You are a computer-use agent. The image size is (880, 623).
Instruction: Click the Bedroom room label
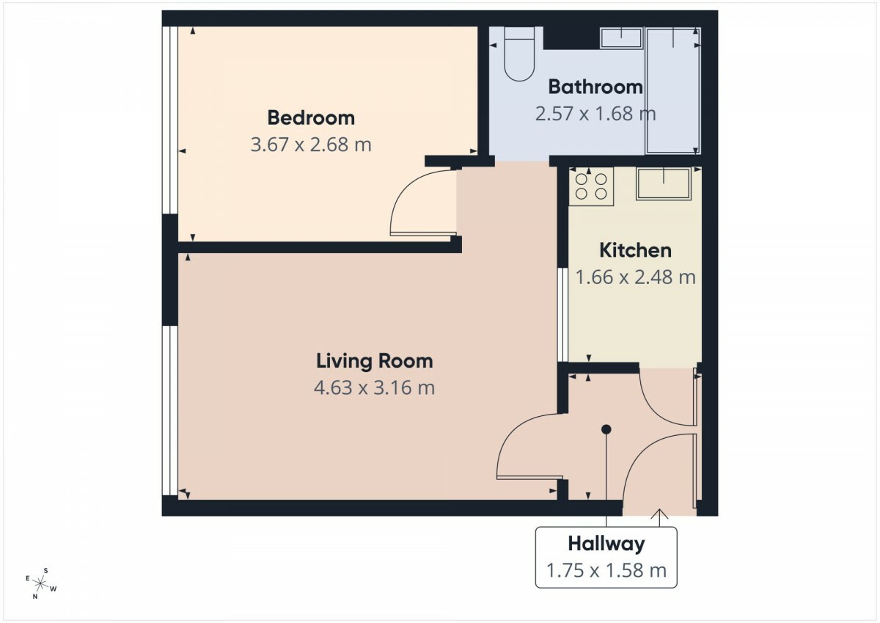click(311, 118)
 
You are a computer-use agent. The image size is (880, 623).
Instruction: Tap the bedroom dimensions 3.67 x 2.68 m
click(311, 145)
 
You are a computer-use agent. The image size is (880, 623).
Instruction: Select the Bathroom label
click(595, 87)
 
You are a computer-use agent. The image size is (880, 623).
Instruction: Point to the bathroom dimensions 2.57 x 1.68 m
click(595, 114)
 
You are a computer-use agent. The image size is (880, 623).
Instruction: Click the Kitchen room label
click(636, 250)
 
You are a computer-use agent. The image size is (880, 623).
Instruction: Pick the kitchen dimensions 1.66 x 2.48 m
click(636, 277)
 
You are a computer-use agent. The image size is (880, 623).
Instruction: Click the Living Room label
click(375, 361)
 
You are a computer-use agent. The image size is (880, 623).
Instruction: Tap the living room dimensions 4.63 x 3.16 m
click(375, 387)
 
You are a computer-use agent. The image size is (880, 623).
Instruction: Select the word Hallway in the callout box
click(606, 544)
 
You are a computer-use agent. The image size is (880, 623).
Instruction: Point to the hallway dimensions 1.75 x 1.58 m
click(606, 570)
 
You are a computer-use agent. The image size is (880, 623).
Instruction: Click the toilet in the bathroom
click(519, 54)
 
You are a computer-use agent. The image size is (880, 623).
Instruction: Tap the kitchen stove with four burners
click(591, 186)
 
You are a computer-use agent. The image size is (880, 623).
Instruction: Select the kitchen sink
click(664, 183)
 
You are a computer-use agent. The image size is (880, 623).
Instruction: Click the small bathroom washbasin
click(621, 37)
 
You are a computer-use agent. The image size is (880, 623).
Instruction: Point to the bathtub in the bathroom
click(673, 90)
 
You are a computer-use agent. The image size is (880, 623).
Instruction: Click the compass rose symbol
click(41, 584)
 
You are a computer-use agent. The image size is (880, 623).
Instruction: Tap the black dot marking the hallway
click(606, 429)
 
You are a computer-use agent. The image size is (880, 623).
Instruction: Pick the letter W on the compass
click(54, 589)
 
